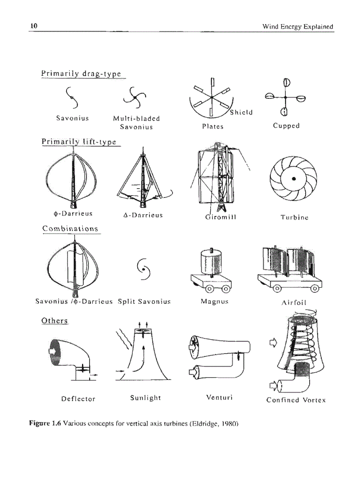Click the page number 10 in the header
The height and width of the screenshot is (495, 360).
coord(33,26)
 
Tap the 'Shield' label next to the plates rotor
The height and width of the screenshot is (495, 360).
coord(241,112)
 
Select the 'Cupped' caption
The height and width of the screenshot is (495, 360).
coord(286,126)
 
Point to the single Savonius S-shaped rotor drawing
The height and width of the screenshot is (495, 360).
coord(73,97)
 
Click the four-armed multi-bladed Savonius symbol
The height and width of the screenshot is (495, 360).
coord(136,97)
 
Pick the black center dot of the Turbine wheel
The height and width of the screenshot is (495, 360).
coord(293,179)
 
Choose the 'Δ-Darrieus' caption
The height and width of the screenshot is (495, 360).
coord(142,215)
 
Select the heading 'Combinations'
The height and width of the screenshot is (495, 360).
coord(70,228)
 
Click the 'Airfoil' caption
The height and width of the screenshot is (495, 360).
coord(293,302)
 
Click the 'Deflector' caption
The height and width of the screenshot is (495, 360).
coord(78,399)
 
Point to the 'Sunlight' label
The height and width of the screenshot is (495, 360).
coord(146,398)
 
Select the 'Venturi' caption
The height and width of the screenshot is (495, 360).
coord(219,397)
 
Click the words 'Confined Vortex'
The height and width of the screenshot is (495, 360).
coord(296,400)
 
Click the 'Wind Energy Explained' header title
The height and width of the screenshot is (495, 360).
coord(297,26)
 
